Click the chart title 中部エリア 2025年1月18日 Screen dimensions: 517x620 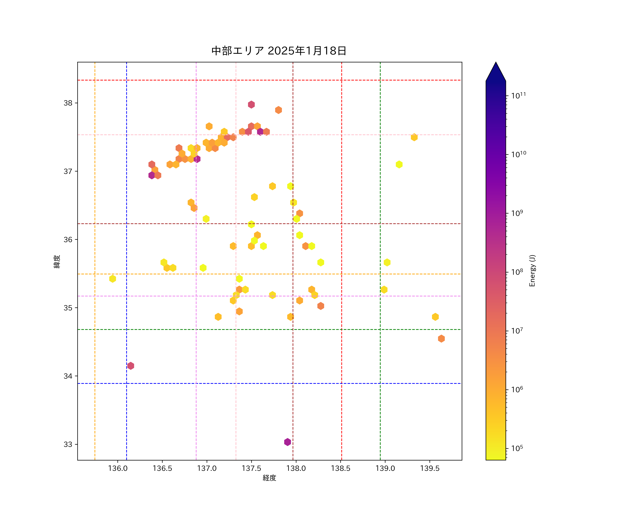tap(279, 51)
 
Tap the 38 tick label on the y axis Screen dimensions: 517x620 tap(68, 103)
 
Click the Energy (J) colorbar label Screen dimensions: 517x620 tap(532, 271)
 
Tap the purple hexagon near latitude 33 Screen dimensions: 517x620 tap(287, 442)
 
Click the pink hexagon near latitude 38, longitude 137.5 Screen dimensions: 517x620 tap(251, 105)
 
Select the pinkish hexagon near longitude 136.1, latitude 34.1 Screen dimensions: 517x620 tap(131, 366)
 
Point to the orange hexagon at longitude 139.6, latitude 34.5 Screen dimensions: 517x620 tap(441, 339)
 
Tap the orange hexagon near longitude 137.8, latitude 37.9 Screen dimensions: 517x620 tap(278, 110)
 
